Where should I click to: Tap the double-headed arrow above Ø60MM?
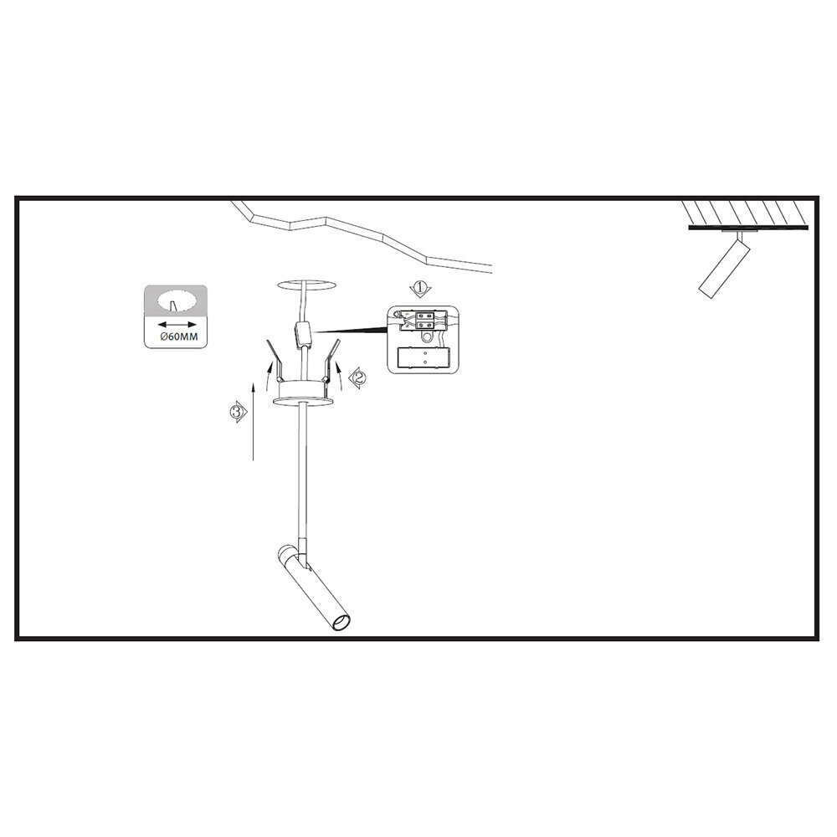pyautogui.click(x=175, y=323)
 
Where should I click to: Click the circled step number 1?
pyautogui.click(x=419, y=290)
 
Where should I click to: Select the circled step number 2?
pyautogui.click(x=357, y=377)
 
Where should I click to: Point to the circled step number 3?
pyautogui.click(x=237, y=411)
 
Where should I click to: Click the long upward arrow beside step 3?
pyautogui.click(x=253, y=418)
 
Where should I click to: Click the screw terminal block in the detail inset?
pyautogui.click(x=424, y=321)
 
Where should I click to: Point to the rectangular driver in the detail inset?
pyautogui.click(x=425, y=357)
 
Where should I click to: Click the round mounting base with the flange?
pyautogui.click(x=304, y=395)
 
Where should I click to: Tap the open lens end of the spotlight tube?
pyautogui.click(x=341, y=624)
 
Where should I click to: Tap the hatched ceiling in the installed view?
pyautogui.click(x=745, y=211)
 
